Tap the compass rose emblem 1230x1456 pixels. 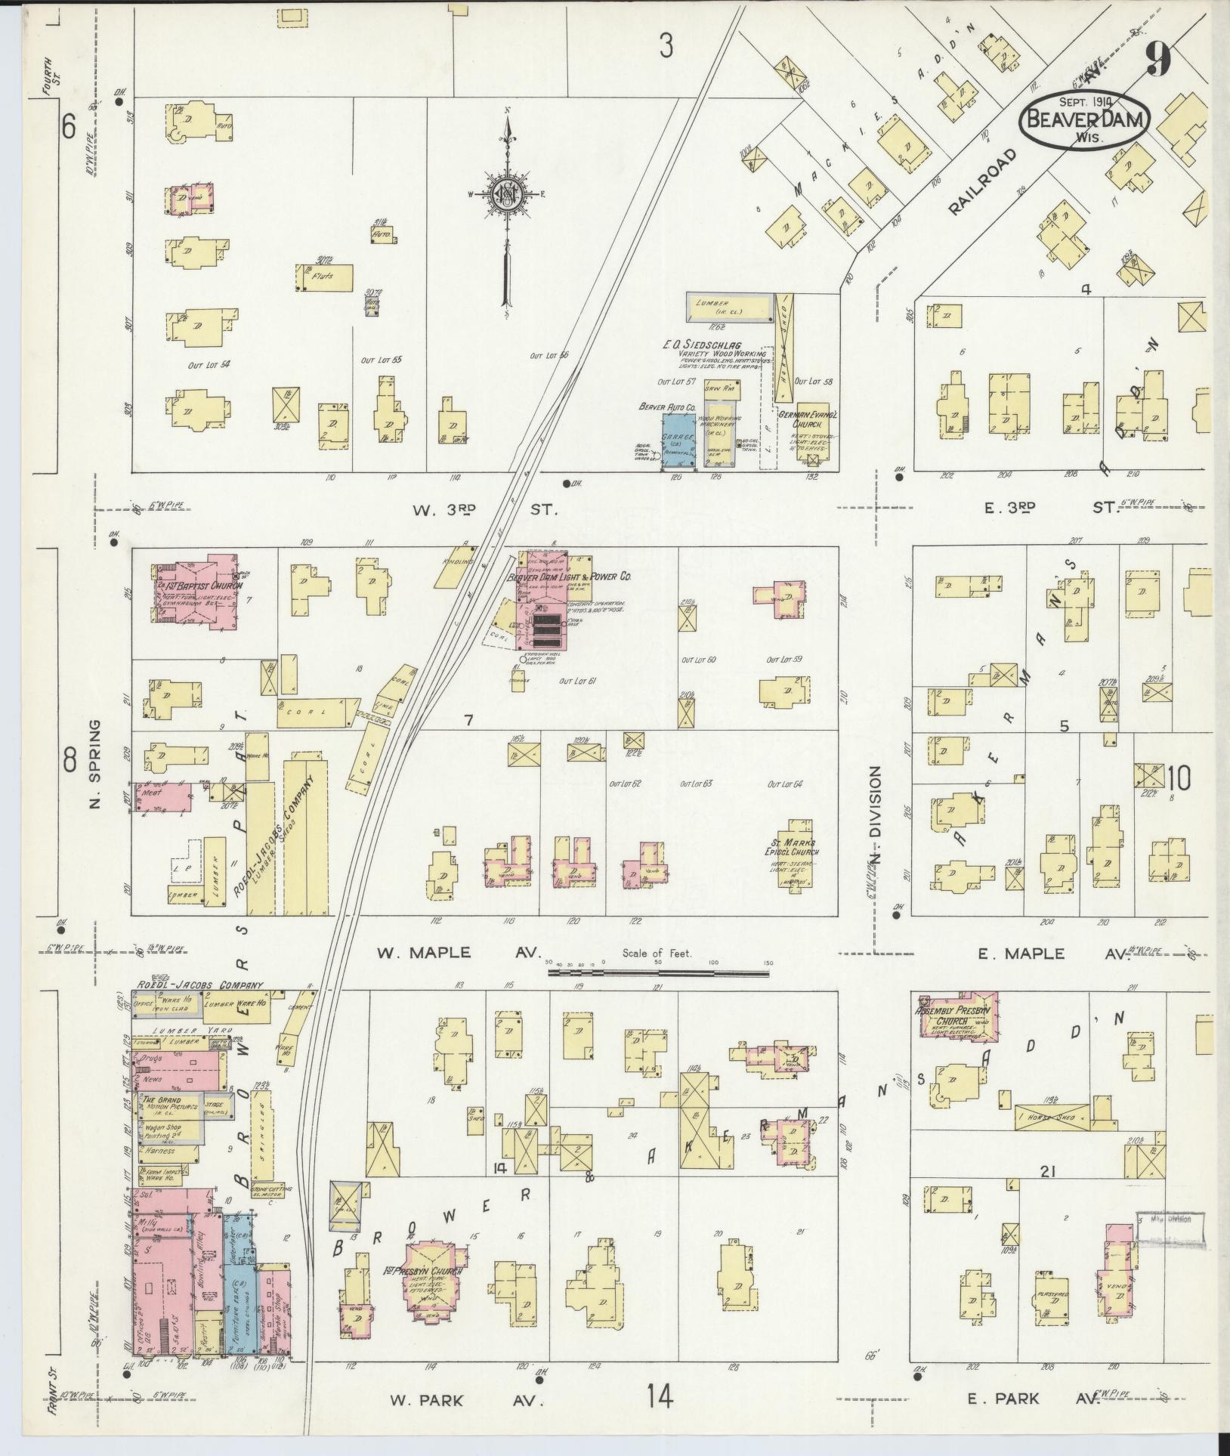(x=505, y=194)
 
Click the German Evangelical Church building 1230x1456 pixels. (x=812, y=431)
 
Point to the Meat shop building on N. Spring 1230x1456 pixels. (x=161, y=797)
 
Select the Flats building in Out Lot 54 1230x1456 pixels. (x=325, y=277)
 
